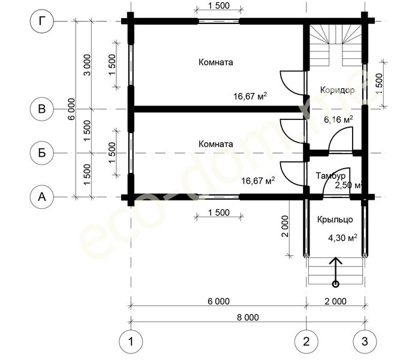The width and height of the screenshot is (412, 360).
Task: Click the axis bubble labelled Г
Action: point(42,21)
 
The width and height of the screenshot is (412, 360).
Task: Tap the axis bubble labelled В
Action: point(42,109)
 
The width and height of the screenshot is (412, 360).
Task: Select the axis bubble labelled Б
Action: point(42,153)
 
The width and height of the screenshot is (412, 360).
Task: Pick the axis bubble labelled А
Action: point(42,197)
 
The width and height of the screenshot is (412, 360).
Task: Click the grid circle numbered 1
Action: point(131,341)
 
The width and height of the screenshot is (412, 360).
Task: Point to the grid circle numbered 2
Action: point(306,341)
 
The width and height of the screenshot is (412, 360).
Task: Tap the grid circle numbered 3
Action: point(365,341)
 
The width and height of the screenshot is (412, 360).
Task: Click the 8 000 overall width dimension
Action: point(248,317)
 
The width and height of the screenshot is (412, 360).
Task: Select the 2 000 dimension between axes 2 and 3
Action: point(336,301)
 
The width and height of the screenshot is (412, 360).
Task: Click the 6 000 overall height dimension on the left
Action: point(71,109)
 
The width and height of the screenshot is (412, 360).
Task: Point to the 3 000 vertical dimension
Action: point(87,65)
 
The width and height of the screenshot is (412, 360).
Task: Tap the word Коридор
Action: point(337,90)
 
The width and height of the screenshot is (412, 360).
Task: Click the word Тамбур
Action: point(330,175)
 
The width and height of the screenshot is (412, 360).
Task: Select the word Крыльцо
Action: point(335,220)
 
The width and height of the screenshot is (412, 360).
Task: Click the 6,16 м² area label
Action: point(338,119)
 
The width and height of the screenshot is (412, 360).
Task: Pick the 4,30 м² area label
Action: point(342,238)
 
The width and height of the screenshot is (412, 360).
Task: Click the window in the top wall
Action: point(219,22)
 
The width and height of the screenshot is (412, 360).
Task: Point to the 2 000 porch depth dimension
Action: point(285,226)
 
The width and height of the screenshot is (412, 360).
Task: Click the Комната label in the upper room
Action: point(216,62)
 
